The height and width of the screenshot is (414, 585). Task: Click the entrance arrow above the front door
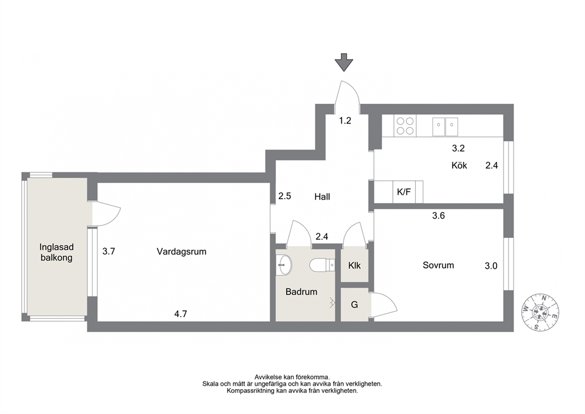[x=344, y=63]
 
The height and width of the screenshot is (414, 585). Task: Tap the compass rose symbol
[x=540, y=312]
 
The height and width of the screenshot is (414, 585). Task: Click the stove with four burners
[x=405, y=126]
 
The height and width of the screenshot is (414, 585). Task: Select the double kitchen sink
[x=445, y=126]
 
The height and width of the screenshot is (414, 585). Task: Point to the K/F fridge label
[x=404, y=192]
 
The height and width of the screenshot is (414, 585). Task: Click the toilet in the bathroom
[x=323, y=265]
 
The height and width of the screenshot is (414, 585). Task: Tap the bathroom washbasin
[x=284, y=265]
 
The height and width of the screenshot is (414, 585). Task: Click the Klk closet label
[x=354, y=266]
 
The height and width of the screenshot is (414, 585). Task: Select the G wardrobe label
[x=354, y=305]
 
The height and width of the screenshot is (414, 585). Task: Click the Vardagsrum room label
[x=181, y=252]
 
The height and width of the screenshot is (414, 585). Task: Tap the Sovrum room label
[x=438, y=265]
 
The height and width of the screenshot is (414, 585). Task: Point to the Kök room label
[x=459, y=165]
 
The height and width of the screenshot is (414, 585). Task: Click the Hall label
[x=323, y=197]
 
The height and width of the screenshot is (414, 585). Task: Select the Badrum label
[x=301, y=292]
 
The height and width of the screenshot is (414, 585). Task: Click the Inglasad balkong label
[x=57, y=253]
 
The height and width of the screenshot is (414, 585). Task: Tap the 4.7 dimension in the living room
[x=180, y=314]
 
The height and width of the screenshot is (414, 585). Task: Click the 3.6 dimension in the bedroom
[x=438, y=216]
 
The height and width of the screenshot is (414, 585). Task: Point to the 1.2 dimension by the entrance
[x=345, y=120]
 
